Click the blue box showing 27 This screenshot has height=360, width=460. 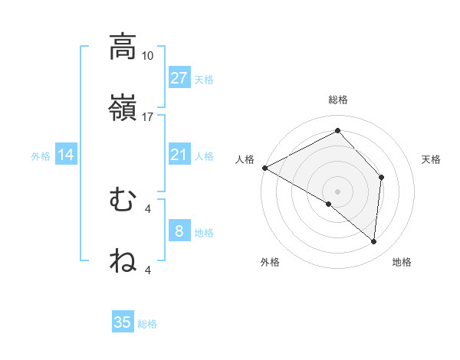coord(179,78)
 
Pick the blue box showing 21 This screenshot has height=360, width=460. coord(179,155)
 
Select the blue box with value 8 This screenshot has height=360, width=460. coord(179,231)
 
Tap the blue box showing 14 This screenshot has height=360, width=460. coord(66,155)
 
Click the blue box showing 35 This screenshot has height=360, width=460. coord(123,322)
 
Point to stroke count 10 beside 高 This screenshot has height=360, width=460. coord(148,56)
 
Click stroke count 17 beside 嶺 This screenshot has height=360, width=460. coord(148,117)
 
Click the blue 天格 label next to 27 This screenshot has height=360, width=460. coord(204,79)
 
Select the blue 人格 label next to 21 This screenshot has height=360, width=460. coord(204,155)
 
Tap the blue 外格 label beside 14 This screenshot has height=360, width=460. coord(41,156)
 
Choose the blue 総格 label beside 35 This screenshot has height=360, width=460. coord(147,324)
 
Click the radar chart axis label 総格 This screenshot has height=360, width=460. coord(338,100)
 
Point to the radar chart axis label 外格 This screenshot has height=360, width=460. coord(270,262)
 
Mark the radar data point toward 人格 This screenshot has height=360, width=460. coord(264,167)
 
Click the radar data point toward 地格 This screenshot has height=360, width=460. coord(374,242)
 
